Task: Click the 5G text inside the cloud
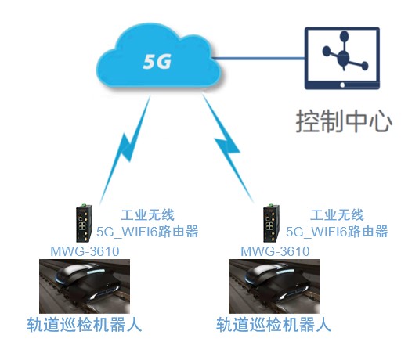[157, 62]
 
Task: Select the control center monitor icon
[342, 58]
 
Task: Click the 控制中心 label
[344, 121]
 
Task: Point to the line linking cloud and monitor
[258, 58]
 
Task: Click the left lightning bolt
[125, 149]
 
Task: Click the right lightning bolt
[227, 147]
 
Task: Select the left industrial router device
[84, 223]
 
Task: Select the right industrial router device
[271, 223]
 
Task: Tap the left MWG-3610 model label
[85, 251]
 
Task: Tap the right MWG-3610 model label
[275, 251]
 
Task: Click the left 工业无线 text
[148, 215]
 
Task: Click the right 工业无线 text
[337, 215]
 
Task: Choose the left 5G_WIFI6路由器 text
[147, 232]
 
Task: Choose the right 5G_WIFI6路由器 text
[337, 232]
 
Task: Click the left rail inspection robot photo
[85, 286]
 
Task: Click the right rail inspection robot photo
[274, 286]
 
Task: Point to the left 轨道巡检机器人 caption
[84, 325]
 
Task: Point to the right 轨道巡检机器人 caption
[273, 325]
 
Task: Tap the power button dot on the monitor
[342, 85]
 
